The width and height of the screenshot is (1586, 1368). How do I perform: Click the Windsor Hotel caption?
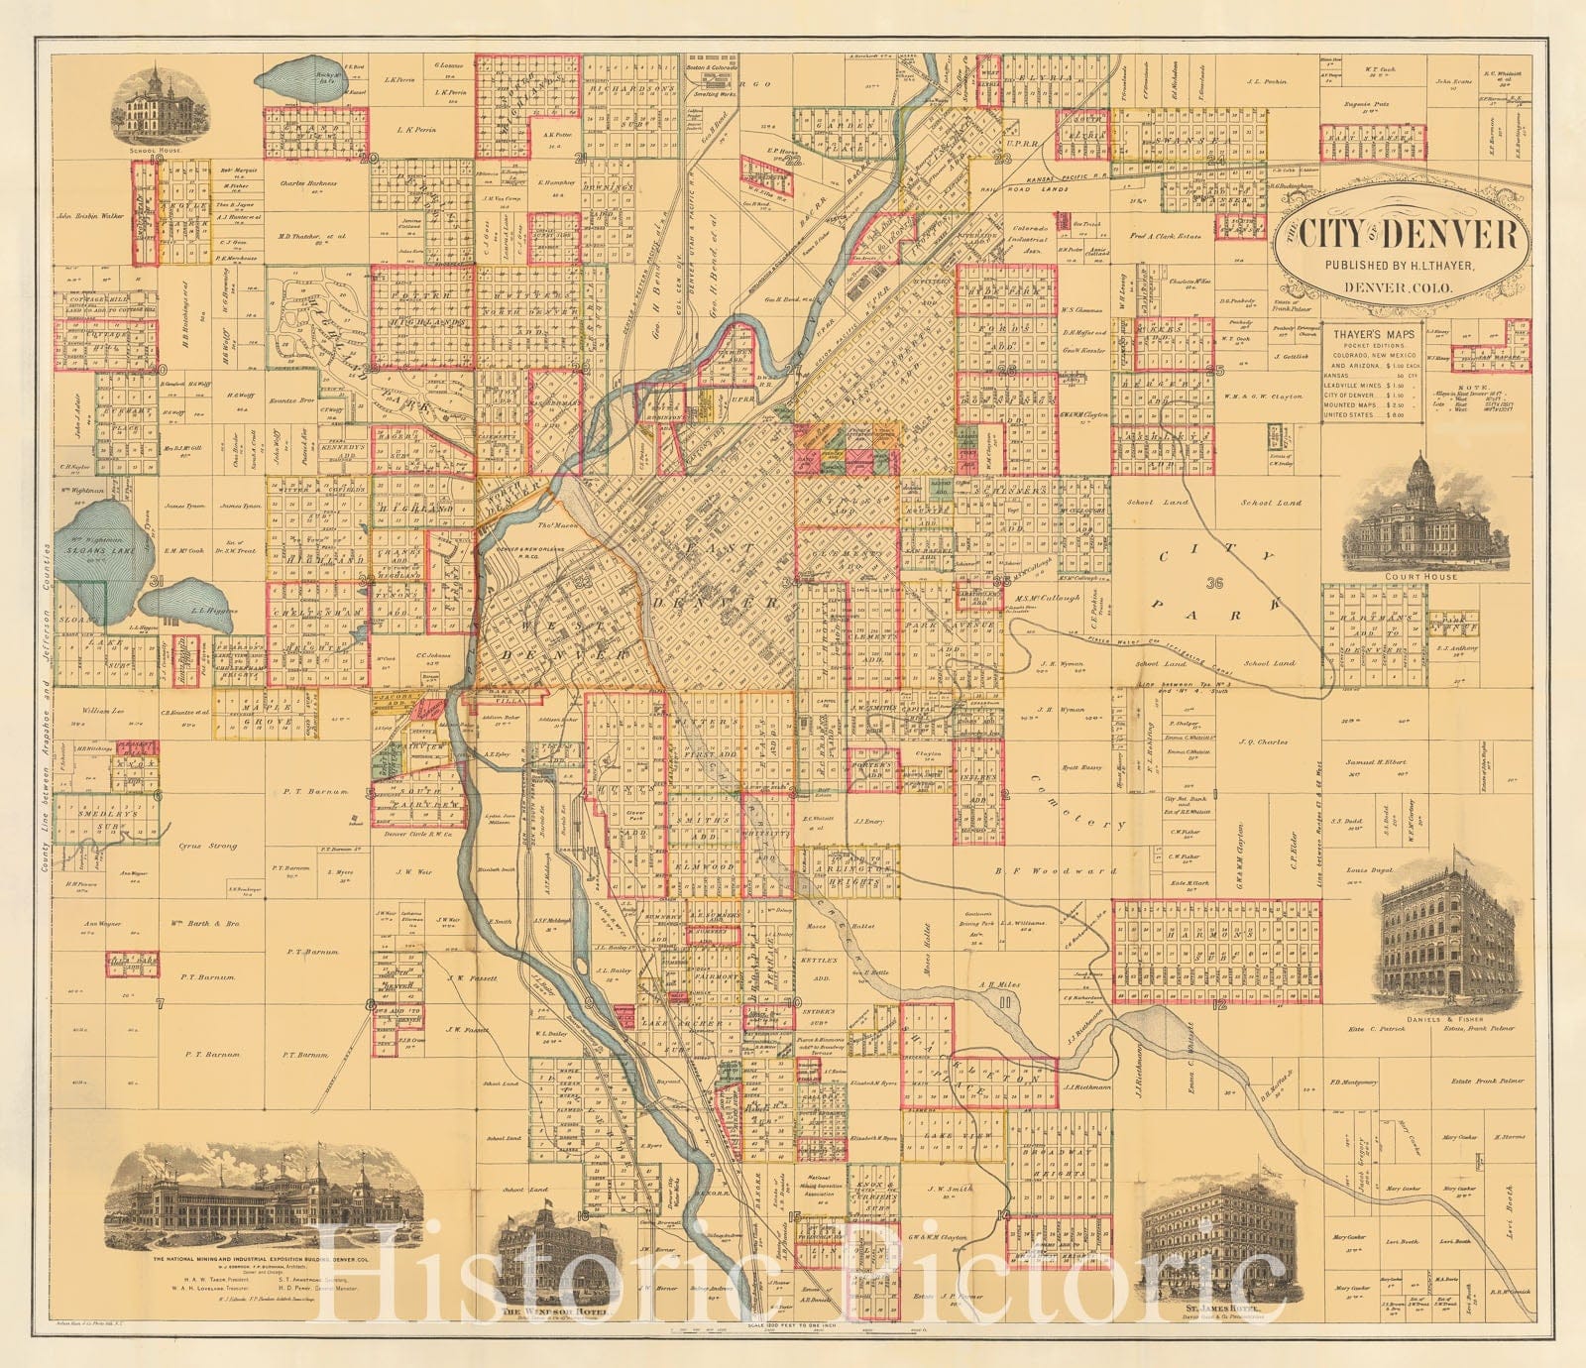pos(541,1311)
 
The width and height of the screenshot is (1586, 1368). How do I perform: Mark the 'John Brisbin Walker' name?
pos(92,213)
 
